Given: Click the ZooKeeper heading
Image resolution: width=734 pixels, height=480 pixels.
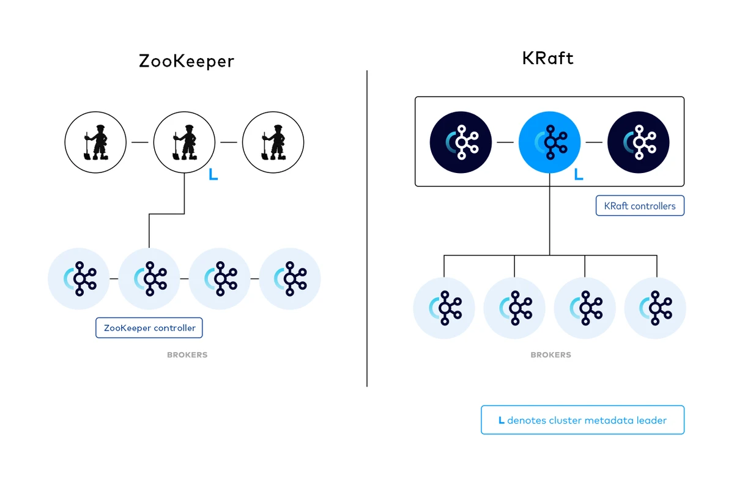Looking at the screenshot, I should pyautogui.click(x=187, y=61).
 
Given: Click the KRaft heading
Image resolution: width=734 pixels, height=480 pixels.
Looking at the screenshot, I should pyautogui.click(x=548, y=58).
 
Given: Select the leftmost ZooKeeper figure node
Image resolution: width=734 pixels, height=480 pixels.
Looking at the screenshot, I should pyautogui.click(x=95, y=142).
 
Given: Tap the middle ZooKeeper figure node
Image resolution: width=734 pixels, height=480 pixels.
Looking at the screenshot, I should pyautogui.click(x=184, y=142).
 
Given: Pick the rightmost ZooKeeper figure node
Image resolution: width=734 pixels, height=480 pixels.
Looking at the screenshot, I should pyautogui.click(x=273, y=142).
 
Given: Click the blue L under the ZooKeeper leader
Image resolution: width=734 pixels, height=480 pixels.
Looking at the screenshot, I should pyautogui.click(x=213, y=175).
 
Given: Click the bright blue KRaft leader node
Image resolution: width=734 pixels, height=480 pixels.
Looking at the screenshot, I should pyautogui.click(x=549, y=142).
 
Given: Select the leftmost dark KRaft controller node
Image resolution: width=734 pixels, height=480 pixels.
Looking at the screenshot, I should pyautogui.click(x=461, y=142).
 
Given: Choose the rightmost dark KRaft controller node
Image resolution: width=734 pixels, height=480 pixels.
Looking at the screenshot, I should pyautogui.click(x=638, y=142).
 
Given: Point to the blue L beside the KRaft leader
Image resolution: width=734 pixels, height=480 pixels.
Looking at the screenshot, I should pyautogui.click(x=578, y=175).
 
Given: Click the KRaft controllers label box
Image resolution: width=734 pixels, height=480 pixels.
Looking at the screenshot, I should pyautogui.click(x=640, y=206).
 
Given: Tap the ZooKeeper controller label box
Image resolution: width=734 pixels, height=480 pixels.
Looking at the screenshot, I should pyautogui.click(x=149, y=328).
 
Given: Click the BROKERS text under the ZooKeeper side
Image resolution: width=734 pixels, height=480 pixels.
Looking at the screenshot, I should pyautogui.click(x=187, y=355).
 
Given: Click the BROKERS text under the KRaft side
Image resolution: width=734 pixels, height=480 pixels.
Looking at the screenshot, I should pyautogui.click(x=550, y=355).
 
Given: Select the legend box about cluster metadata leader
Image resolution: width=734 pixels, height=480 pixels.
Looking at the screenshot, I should pyautogui.click(x=582, y=420).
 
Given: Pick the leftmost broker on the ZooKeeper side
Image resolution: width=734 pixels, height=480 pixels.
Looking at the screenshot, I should pyautogui.click(x=79, y=279).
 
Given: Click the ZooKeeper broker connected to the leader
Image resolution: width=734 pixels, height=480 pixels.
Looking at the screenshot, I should pyautogui.click(x=149, y=279).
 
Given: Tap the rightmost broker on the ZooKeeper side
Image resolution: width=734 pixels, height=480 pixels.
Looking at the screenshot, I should pyautogui.click(x=290, y=279).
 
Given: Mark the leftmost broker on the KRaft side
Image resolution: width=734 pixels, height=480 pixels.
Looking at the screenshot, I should pyautogui.click(x=444, y=308).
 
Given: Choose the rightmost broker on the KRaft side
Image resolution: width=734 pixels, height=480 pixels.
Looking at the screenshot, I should pyautogui.click(x=655, y=308).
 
